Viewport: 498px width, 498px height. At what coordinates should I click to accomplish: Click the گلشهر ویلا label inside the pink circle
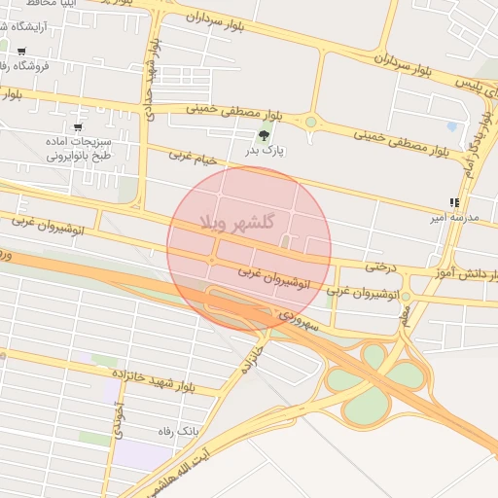point(236,223)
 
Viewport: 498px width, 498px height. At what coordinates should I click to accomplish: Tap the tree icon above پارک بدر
point(264,136)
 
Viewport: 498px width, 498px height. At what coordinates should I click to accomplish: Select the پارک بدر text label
point(264,151)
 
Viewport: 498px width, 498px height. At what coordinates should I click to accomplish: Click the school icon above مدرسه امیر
point(453,202)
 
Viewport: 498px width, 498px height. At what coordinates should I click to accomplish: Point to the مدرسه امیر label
point(453,217)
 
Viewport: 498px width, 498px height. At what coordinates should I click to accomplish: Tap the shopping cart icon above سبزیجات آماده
point(78,127)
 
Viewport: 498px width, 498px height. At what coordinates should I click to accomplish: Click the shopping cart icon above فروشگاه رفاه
point(21,52)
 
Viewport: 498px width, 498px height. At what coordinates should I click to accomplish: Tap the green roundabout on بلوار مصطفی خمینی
point(311,123)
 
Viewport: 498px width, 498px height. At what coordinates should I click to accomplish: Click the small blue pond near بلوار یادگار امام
point(451,126)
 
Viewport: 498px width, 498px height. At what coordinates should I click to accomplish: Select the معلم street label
point(405,314)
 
